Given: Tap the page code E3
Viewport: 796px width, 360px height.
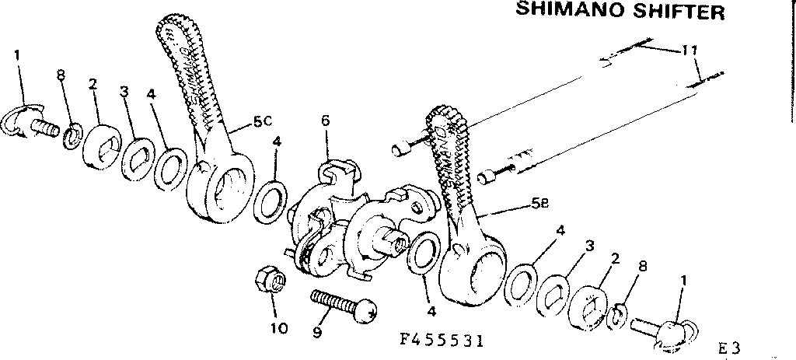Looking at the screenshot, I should tap(734, 348).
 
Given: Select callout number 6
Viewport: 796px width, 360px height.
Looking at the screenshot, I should tap(325, 120).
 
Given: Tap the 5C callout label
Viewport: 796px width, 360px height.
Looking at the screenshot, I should tap(263, 122).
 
